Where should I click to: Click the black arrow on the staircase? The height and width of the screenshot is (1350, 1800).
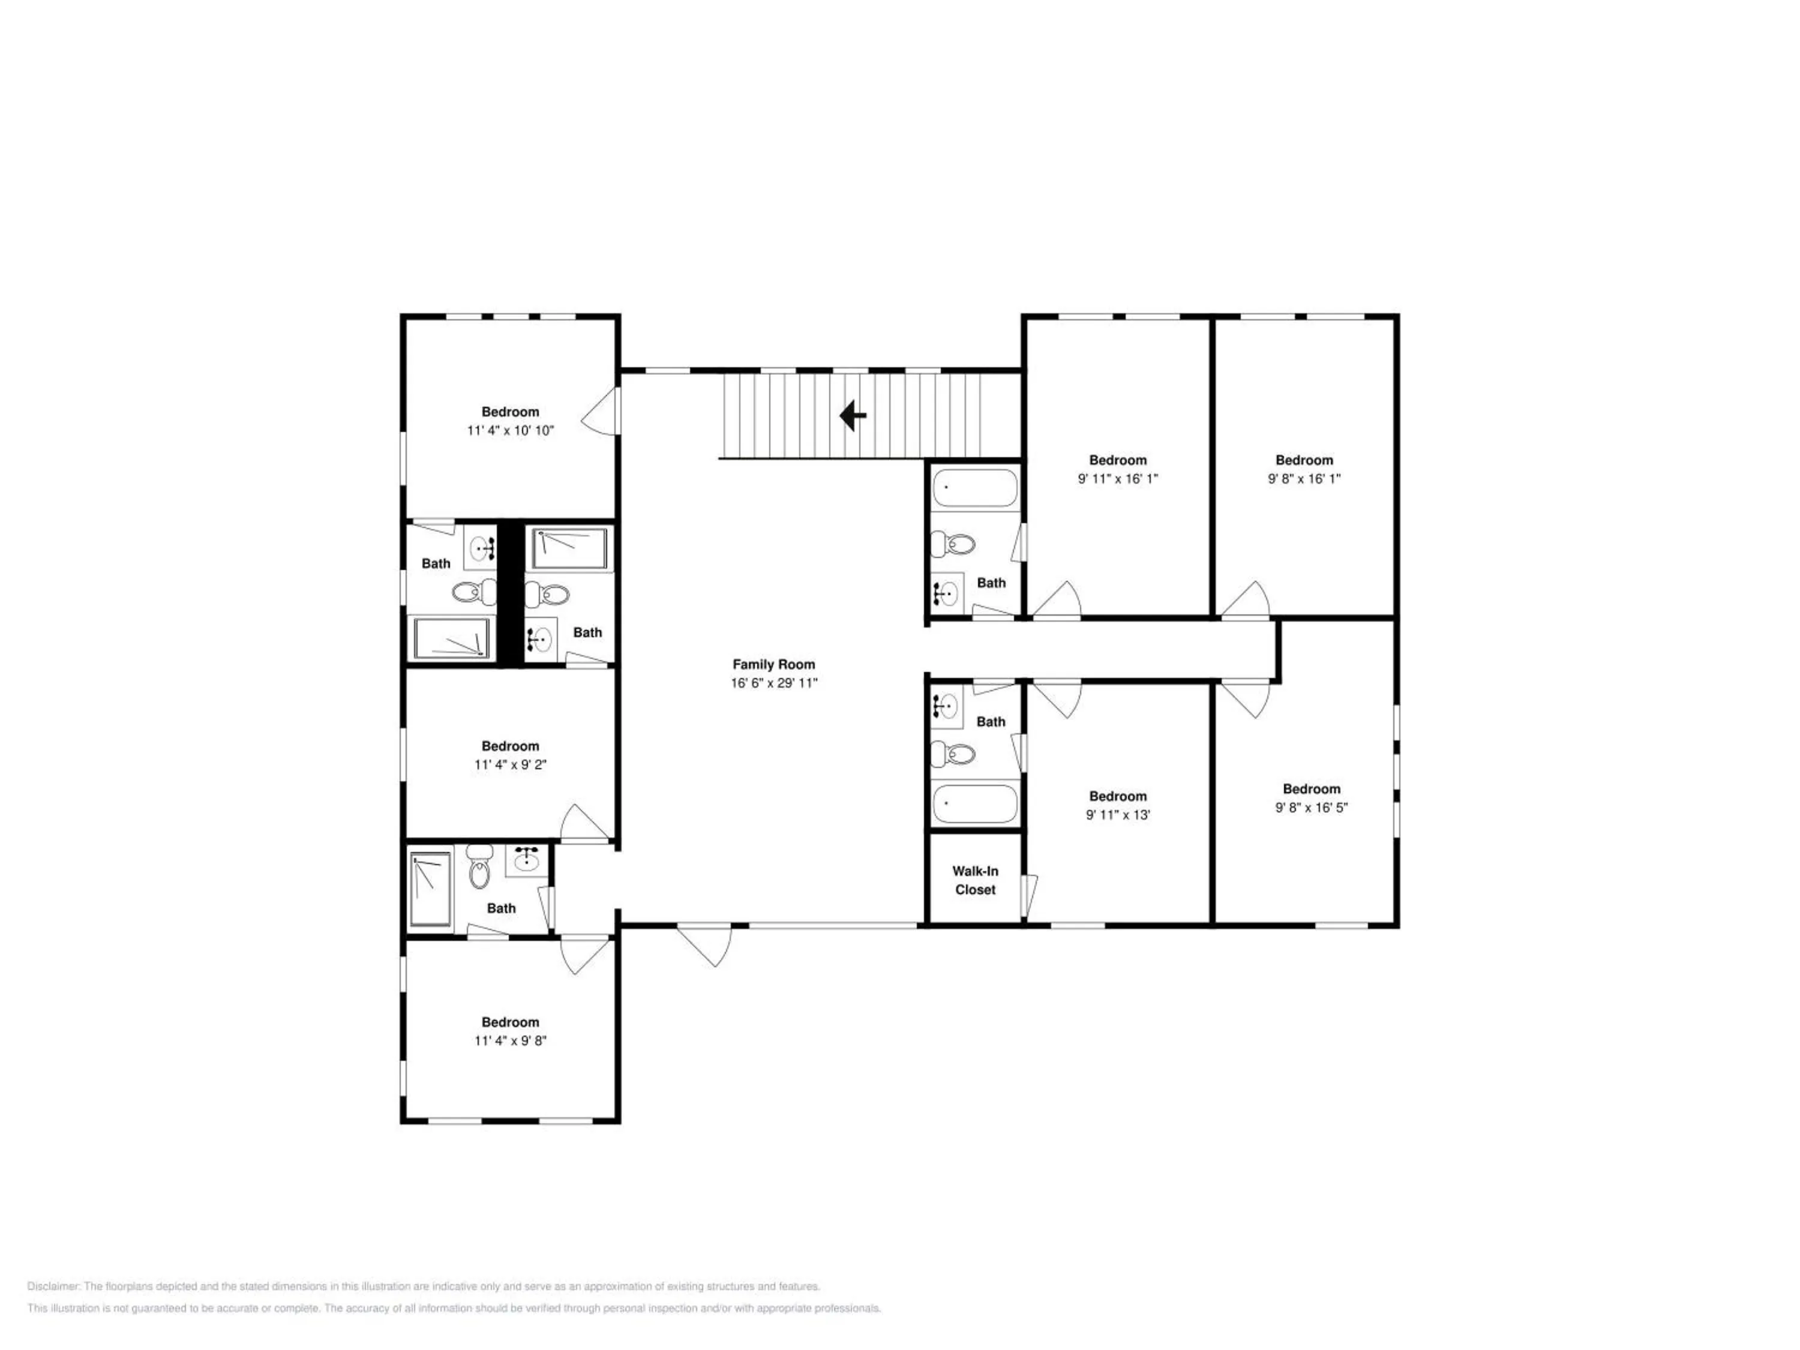coord(852,415)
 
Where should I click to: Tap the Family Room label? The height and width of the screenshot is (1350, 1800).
coord(773,664)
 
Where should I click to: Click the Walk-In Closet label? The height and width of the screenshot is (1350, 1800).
coord(975,880)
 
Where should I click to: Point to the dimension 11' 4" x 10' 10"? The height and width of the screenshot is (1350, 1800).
coord(510,430)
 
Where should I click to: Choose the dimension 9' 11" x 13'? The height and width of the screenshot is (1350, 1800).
coord(1118,815)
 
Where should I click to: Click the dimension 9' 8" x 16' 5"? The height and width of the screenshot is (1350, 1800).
coord(1311,807)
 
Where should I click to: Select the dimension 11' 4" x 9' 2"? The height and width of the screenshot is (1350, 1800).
coord(510,764)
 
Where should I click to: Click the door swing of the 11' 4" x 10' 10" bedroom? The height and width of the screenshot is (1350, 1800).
coord(601,412)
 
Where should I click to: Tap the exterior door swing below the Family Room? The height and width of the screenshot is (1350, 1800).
coord(705,945)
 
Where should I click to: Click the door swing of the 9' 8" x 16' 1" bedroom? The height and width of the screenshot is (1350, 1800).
coord(1245,600)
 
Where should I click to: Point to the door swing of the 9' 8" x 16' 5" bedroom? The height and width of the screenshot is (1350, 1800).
coord(1245,699)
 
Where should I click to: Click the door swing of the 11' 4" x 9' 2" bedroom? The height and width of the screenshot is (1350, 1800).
coord(585,823)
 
